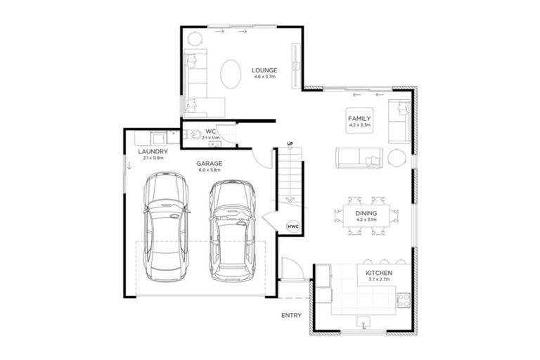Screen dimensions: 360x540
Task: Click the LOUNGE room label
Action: pos(264,70)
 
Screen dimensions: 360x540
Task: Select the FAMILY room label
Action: pos(359,119)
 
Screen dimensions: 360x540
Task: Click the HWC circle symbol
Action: pos(293,226)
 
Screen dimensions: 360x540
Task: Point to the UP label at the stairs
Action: pos(290,145)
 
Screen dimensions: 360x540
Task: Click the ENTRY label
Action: pos(291,315)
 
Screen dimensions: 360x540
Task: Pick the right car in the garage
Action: pos(233,229)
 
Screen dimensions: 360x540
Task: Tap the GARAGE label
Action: pos(210,162)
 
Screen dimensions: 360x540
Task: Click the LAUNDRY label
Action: pos(152,151)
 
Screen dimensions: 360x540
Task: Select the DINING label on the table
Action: pos(366,212)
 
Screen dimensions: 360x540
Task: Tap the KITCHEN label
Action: pos(378,272)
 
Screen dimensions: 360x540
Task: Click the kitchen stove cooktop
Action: pos(404,300)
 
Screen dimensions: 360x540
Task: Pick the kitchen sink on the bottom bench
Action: pos(364,322)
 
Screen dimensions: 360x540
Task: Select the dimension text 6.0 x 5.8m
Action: pos(210,169)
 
